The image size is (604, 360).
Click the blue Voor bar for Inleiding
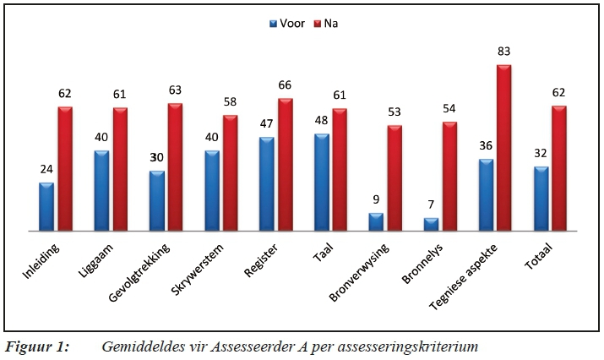tap(46, 206)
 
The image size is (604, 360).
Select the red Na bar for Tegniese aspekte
tap(504, 147)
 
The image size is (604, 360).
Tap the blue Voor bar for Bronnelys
tap(431, 224)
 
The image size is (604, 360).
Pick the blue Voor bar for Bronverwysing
tap(376, 221)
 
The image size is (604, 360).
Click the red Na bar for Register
tap(285, 164)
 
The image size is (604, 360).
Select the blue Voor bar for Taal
tap(321, 182)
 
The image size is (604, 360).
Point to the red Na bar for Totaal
tap(559, 168)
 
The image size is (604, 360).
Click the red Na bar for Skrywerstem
tap(230, 172)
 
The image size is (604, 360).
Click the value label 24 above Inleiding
tap(46, 170)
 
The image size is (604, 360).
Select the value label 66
tap(285, 86)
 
